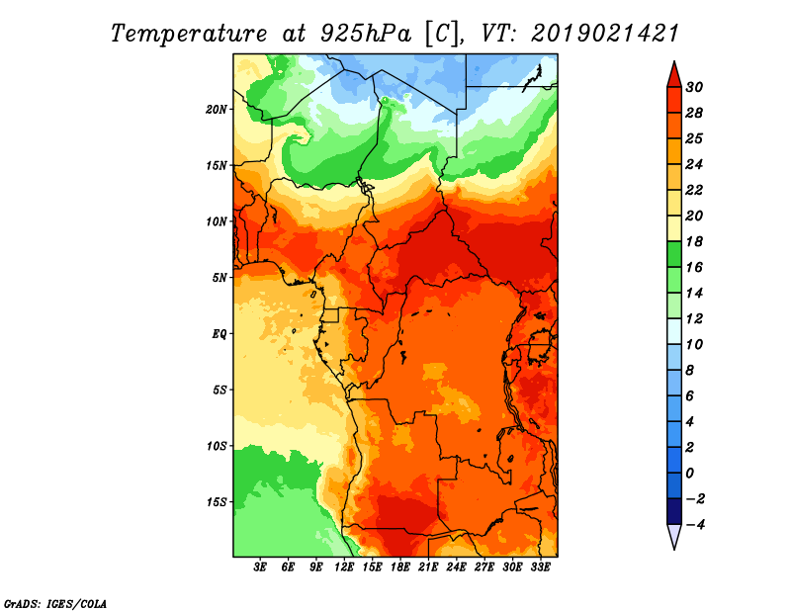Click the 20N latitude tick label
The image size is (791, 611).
tap(217, 110)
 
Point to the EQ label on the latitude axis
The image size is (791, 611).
tap(220, 334)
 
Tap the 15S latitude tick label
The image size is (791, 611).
tap(217, 502)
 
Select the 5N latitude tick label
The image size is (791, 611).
tap(220, 278)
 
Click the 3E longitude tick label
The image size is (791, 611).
tap(260, 567)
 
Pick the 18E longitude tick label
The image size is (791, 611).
tap(400, 567)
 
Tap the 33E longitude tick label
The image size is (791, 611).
tap(540, 567)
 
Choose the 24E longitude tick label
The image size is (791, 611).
tap(456, 567)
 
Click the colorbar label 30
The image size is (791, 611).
tap(694, 88)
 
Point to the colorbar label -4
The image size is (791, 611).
tap(695, 525)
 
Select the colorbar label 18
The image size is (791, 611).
tap(694, 242)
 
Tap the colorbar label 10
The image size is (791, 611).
tap(694, 345)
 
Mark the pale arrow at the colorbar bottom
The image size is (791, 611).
tap(674, 536)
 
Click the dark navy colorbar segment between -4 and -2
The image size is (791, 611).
tap(674, 511)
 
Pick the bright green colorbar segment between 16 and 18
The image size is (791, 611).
tap(674, 254)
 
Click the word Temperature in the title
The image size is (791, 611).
tap(189, 34)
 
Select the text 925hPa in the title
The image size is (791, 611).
tap(366, 34)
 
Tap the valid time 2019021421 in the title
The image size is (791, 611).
tap(605, 34)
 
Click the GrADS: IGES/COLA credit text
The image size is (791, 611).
tap(55, 604)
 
